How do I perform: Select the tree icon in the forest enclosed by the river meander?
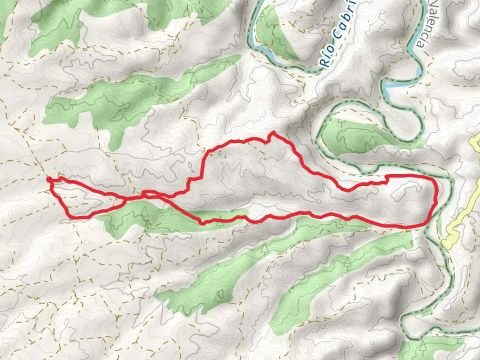(x=372, y=142)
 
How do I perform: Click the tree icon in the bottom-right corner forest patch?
(x=423, y=347)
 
